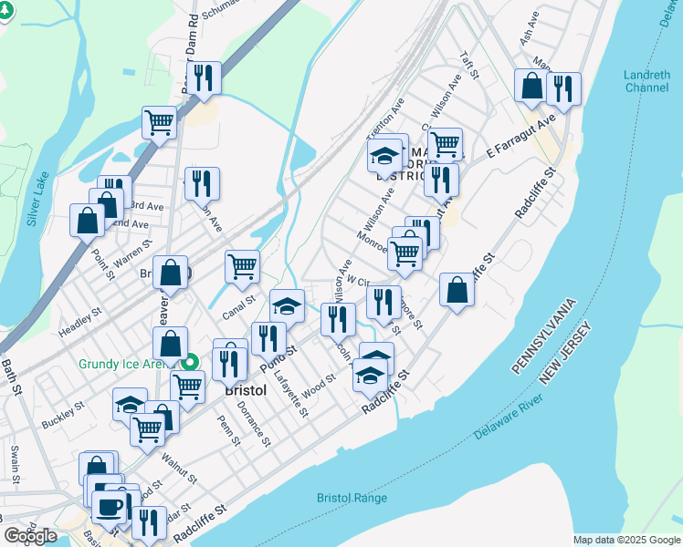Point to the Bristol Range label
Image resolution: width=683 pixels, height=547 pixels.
tap(352, 498)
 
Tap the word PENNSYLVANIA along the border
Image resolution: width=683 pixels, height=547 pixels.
tap(543, 335)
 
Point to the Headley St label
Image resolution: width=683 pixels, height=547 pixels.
tap(80, 320)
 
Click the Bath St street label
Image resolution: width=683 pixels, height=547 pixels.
tap(10, 376)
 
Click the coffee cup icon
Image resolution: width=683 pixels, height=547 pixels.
tap(109, 506)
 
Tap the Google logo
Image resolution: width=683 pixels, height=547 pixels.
tap(30, 536)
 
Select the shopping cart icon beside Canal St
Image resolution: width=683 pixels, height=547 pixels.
tap(242, 266)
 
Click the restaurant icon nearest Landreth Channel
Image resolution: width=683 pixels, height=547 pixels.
tap(563, 88)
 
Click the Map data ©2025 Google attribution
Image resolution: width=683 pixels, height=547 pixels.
tap(626, 540)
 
